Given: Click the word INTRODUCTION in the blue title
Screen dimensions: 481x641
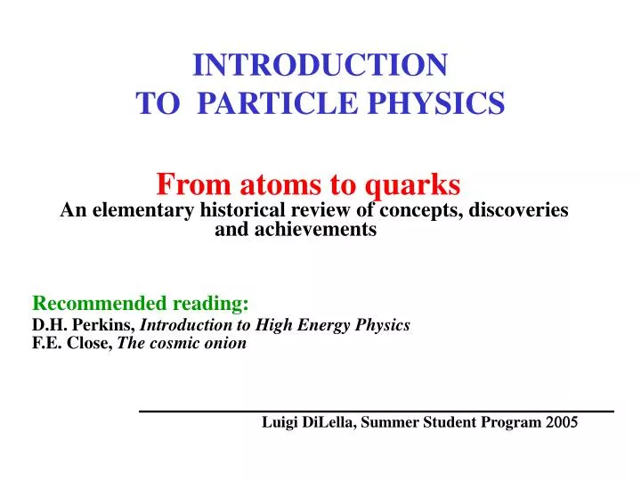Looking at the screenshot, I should click(x=320, y=65).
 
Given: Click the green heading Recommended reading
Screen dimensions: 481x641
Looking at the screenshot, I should click(x=141, y=303).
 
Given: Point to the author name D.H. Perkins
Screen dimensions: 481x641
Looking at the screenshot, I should click(x=83, y=325).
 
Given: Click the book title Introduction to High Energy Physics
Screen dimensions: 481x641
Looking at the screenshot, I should click(x=276, y=325).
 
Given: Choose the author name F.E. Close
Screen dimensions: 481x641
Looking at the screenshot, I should click(x=72, y=343).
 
